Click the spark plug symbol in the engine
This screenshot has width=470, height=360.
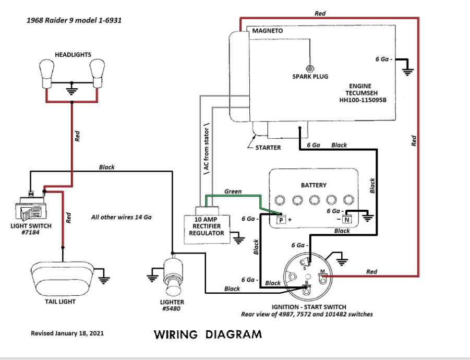click(310, 68)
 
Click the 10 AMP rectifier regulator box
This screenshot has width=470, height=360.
click(207, 226)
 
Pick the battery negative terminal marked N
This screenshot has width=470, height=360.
click(347, 219)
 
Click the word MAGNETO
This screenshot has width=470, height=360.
click(268, 31)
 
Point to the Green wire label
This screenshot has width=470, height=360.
click(233, 191)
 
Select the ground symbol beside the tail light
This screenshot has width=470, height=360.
click(104, 278)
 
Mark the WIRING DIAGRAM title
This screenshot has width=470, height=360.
click(208, 334)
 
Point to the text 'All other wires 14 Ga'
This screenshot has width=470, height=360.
click(120, 217)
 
